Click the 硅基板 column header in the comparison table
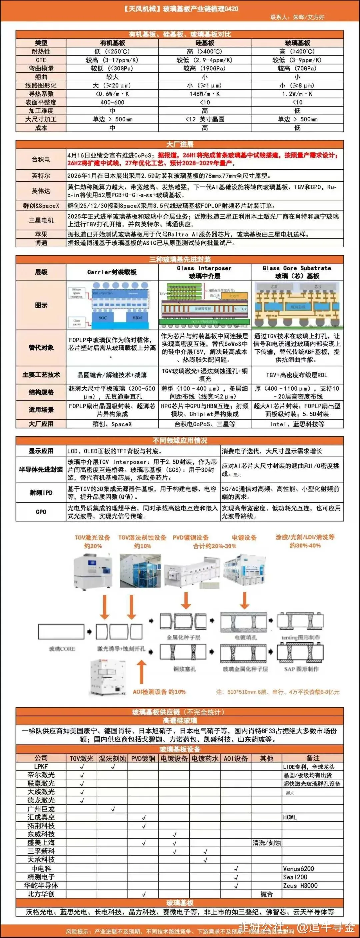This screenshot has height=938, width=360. (x=205, y=43)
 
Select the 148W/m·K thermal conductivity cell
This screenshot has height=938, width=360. (x=205, y=94)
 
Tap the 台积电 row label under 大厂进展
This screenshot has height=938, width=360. (x=41, y=159)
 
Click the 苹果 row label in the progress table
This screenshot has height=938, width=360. (x=41, y=234)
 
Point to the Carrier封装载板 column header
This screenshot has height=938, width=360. (x=112, y=272)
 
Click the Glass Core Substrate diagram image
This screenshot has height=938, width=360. (x=297, y=305)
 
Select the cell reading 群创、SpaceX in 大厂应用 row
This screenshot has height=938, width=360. (x=112, y=424)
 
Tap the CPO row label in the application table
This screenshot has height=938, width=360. (x=41, y=512)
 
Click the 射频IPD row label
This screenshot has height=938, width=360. (x=41, y=493)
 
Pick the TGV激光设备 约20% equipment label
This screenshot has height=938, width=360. (x=92, y=541)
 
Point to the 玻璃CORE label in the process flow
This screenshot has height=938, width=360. (x=62, y=649)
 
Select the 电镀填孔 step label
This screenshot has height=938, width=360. (x=245, y=637)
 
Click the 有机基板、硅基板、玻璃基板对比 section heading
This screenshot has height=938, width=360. (x=180, y=34)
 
